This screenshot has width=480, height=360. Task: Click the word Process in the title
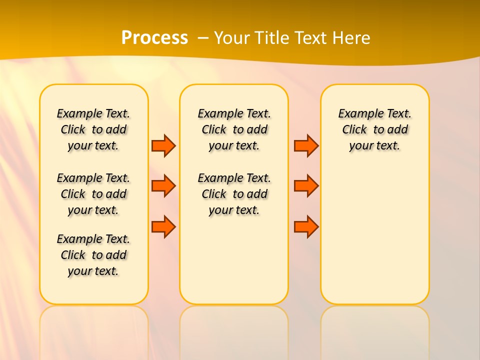pos(154,38)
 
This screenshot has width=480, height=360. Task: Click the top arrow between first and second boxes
pos(163,145)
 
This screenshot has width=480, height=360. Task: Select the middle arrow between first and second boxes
pos(163,186)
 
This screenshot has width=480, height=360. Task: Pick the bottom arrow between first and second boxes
pos(163,226)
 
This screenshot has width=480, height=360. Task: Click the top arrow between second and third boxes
pos(306,145)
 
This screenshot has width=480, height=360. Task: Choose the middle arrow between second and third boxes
pos(306,186)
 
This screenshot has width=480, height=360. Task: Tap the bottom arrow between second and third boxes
pos(306,226)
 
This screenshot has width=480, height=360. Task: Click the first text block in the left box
pos(93,129)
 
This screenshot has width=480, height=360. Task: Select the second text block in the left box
pos(93,194)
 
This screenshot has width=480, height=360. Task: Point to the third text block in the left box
pos(93,255)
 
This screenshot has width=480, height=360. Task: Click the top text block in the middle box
pos(234,129)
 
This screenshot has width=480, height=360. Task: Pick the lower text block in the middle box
pos(234,194)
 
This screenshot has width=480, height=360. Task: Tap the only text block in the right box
pos(375,129)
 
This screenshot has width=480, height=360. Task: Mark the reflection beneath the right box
pos(375,330)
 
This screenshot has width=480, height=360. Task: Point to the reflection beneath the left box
pos(94,330)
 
